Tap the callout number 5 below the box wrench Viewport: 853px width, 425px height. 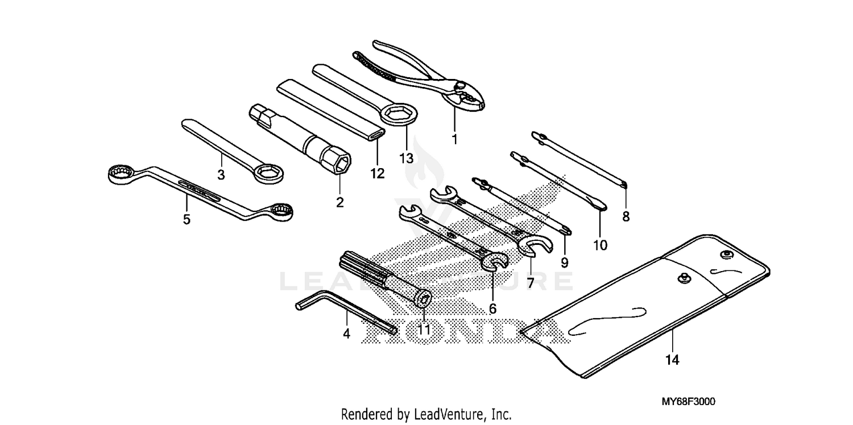pos(187,219)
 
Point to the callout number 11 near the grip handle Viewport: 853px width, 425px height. pos(424,329)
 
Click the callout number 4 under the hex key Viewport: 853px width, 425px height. pos(346,335)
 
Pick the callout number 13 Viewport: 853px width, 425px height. pos(406,159)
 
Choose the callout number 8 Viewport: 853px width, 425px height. pos(626,216)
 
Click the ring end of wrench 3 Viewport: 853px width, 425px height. pos(268,172)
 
